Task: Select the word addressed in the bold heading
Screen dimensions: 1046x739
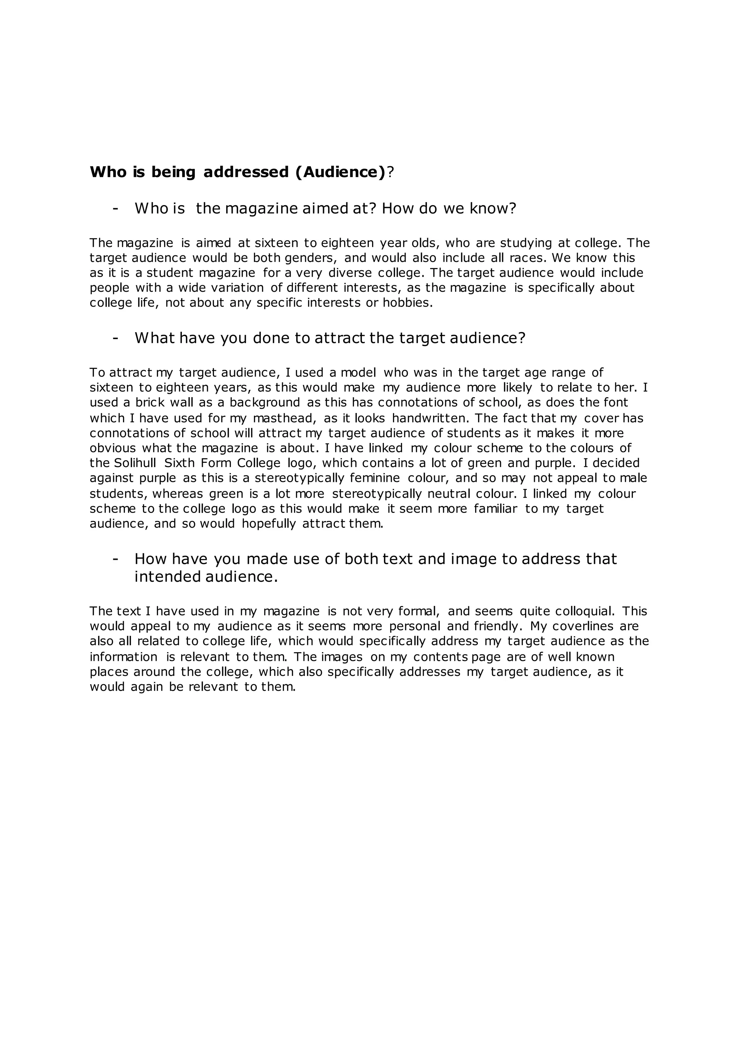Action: click(x=246, y=172)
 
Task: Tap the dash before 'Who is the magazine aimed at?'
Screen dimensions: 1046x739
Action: click(x=115, y=208)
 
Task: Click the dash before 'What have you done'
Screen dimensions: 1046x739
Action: click(x=115, y=338)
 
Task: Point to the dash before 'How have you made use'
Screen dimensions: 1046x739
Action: click(x=115, y=559)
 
